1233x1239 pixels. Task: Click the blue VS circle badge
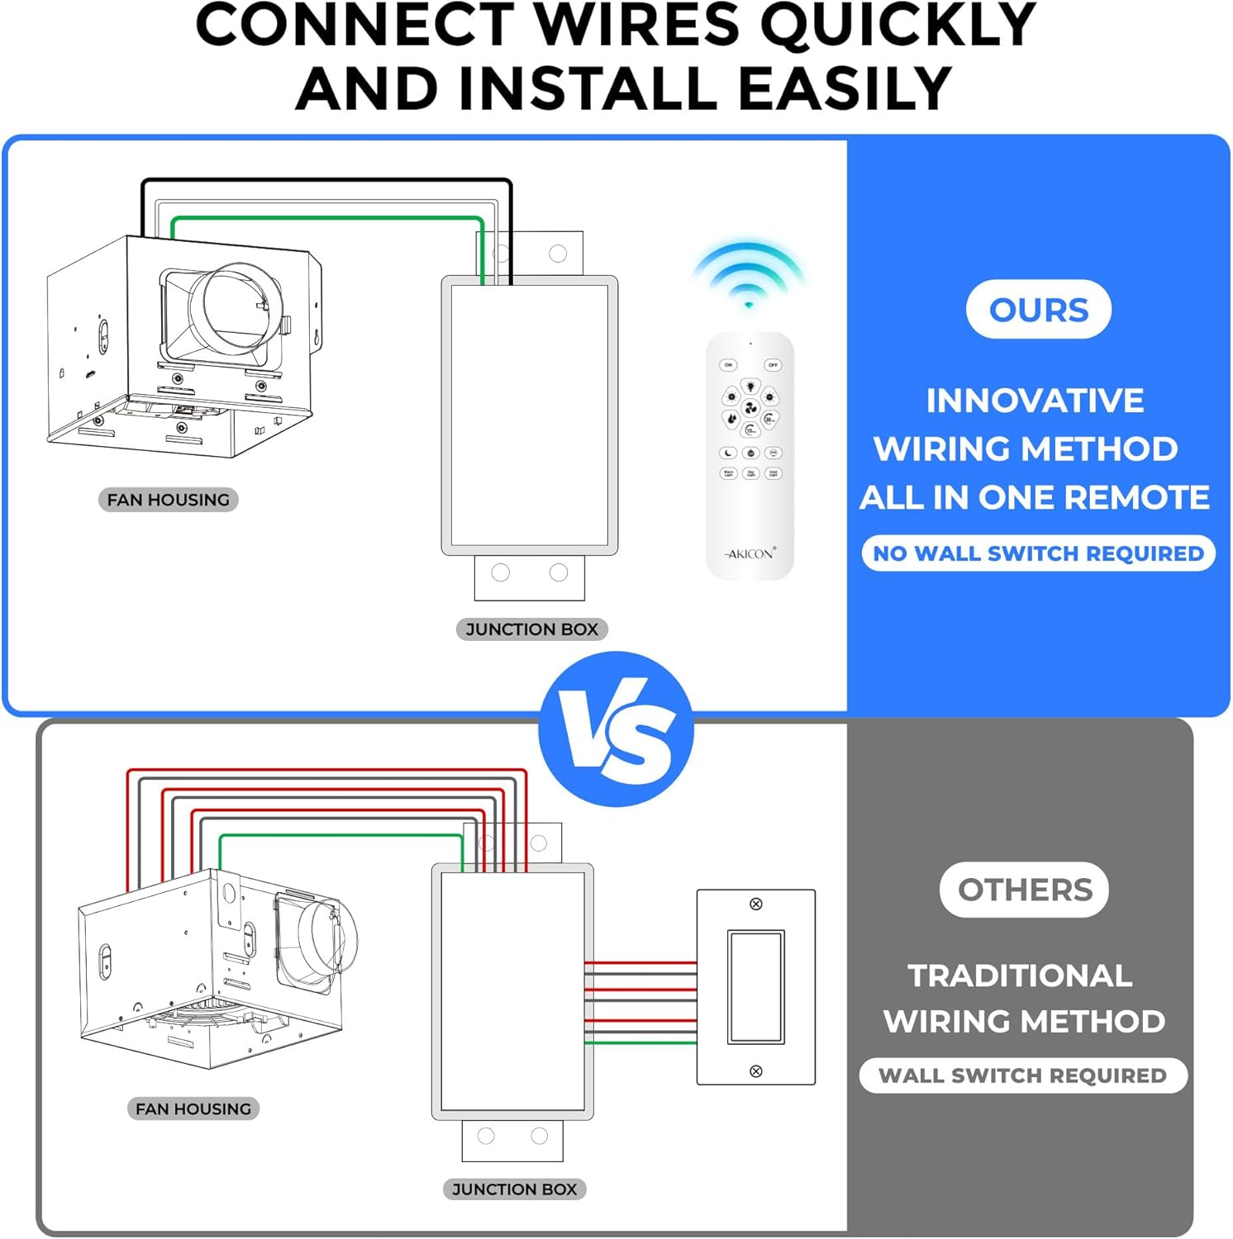pos(616,729)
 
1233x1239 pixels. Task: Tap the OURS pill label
pos(1038,310)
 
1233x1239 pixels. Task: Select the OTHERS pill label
pos(1024,890)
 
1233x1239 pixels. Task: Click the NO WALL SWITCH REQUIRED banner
pos(1038,553)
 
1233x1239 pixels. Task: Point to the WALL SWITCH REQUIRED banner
pos(1022,1075)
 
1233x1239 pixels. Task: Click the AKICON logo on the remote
pos(750,553)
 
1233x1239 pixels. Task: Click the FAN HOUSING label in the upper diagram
pos(169,500)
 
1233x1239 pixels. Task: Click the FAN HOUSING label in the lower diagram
pos(193,1108)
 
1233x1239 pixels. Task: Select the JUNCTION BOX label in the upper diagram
pos(531,629)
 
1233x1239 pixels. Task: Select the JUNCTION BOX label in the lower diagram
pos(514,1189)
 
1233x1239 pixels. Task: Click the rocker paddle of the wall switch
pos(755,987)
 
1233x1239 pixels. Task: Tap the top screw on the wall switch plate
pos(755,904)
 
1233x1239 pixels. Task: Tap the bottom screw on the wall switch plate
pos(755,1071)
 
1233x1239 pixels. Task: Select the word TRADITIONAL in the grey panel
pos(1020,976)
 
